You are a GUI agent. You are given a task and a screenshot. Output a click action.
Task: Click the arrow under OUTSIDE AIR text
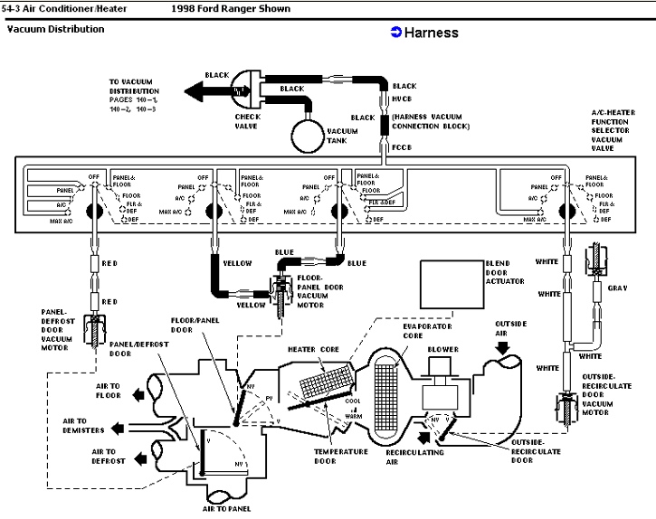click(x=503, y=345)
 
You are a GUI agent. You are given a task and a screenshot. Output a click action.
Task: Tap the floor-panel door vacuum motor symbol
click(x=277, y=291)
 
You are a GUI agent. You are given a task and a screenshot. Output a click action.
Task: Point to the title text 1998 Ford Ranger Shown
click(x=231, y=9)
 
